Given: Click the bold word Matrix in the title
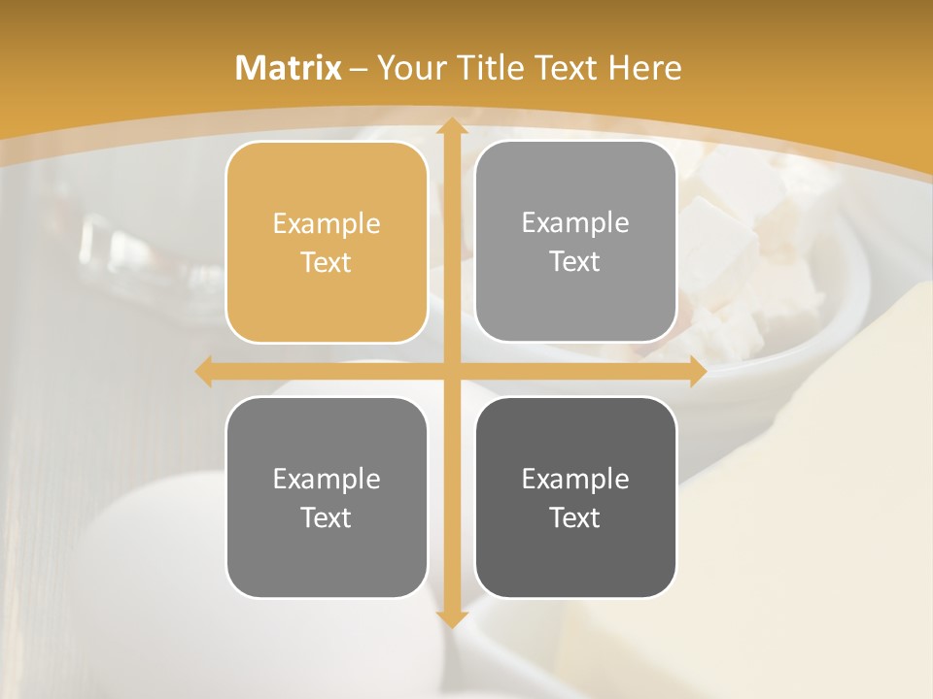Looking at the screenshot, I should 289,68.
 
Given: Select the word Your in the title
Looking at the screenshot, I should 407,68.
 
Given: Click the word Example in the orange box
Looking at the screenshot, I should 327,224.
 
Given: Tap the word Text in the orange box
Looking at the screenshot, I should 327,262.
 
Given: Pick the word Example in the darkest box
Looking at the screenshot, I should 575,479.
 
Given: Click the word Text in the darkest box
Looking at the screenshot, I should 575,517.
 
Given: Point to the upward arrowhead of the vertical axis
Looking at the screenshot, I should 451,126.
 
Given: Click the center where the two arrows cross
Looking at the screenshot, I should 451,371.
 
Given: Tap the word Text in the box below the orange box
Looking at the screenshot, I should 327,517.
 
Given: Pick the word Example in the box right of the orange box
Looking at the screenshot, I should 575,223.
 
